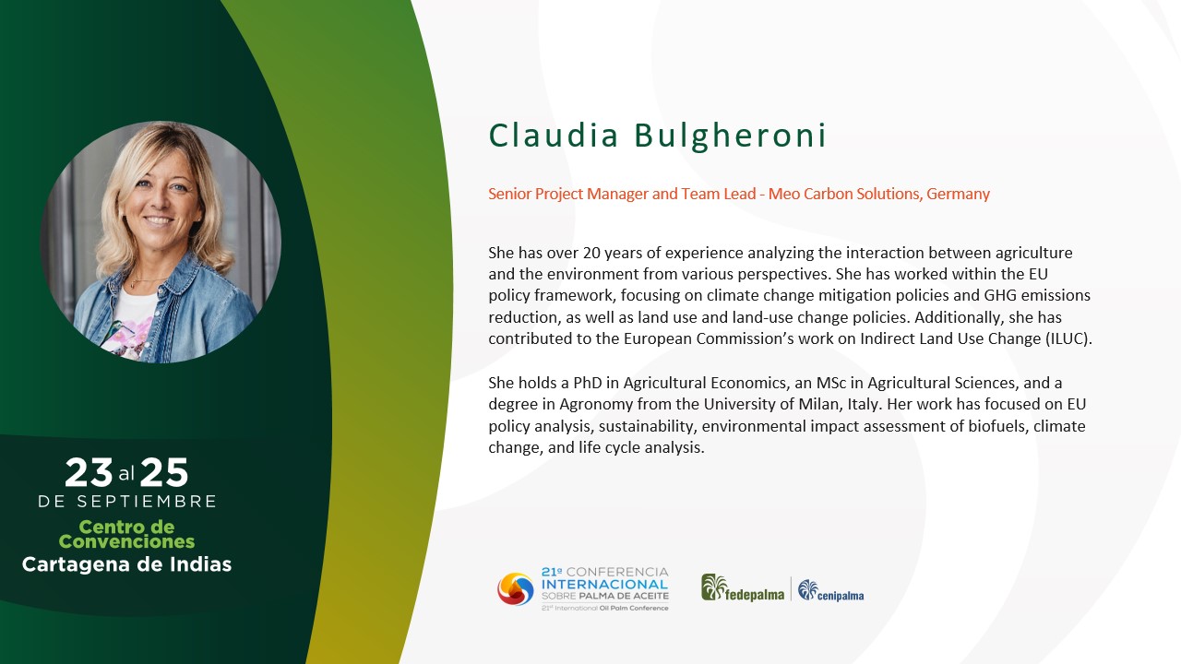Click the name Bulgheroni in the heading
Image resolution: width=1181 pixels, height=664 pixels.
[x=730, y=136]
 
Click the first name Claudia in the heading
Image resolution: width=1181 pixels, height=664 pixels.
[x=553, y=135]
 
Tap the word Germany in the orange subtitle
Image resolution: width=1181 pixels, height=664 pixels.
[x=958, y=194]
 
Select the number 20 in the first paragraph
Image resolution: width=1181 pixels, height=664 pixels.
[x=591, y=253]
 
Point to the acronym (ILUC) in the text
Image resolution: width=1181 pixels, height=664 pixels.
[x=1068, y=338]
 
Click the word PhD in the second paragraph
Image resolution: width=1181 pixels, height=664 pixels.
[x=588, y=383]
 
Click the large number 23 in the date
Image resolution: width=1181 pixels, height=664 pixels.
[x=89, y=472]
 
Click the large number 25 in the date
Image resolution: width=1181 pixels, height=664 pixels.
[x=164, y=472]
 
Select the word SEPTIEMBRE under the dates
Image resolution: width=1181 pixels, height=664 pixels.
[x=147, y=501]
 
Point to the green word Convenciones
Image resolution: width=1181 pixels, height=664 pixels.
[x=126, y=541]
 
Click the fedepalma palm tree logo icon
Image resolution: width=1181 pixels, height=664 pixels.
[x=714, y=587]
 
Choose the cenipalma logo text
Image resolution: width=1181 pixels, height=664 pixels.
[x=841, y=596]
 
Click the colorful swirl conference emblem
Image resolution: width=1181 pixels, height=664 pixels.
[x=516, y=589]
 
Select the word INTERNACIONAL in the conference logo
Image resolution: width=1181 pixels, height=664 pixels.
[x=604, y=585]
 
